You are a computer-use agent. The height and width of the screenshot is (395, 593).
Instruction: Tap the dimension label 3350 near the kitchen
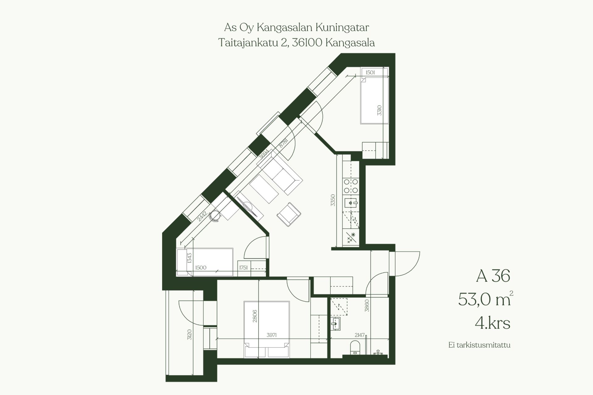333,200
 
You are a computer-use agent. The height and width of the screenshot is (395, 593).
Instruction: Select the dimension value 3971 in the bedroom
271,335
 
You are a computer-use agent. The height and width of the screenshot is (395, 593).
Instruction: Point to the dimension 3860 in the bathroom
367,306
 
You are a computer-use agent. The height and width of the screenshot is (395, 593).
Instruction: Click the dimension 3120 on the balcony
189,335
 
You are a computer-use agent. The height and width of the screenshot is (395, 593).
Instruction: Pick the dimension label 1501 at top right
370,73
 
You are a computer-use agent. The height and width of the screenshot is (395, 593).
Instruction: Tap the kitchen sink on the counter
351,203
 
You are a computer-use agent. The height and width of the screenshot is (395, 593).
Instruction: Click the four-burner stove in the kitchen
351,186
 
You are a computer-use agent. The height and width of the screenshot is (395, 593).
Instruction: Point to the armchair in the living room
289,214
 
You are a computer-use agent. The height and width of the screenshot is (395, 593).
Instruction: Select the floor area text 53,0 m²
485,299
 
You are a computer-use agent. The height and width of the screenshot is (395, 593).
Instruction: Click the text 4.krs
492,323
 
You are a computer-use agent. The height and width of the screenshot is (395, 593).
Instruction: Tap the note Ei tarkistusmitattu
479,345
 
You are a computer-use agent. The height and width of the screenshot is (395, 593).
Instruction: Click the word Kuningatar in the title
342,27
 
